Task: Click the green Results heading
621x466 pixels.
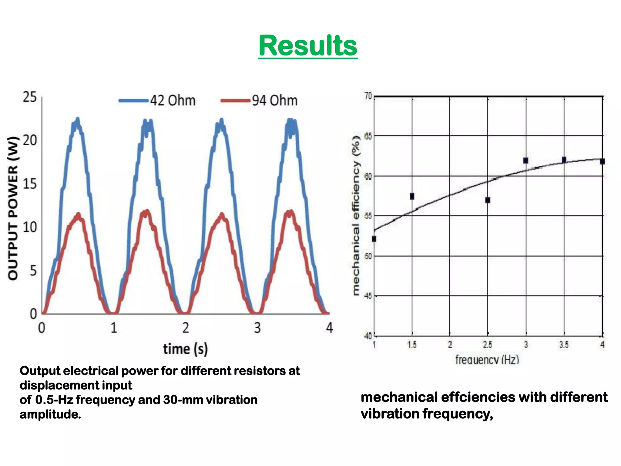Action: tap(308, 46)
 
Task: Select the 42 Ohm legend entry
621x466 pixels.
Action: tap(157, 100)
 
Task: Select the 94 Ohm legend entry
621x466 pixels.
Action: tap(260, 100)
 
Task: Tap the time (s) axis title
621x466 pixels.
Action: tap(185, 349)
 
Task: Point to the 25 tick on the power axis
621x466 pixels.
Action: tap(29, 97)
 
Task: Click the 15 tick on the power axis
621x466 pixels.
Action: tap(29, 184)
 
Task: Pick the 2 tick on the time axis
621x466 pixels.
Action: tap(186, 328)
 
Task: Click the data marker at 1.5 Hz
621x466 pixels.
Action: tap(412, 196)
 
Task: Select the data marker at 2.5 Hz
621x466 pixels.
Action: tap(488, 200)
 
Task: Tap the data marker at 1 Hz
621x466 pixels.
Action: tap(374, 239)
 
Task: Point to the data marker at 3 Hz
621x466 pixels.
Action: tap(526, 160)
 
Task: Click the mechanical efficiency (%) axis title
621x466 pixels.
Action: tap(356, 215)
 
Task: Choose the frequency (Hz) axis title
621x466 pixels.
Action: tap(487, 360)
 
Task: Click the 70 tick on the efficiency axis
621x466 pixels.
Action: tap(368, 96)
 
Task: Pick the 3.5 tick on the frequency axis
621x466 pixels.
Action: tap(564, 345)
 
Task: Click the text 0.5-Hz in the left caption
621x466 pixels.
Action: tap(54, 400)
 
